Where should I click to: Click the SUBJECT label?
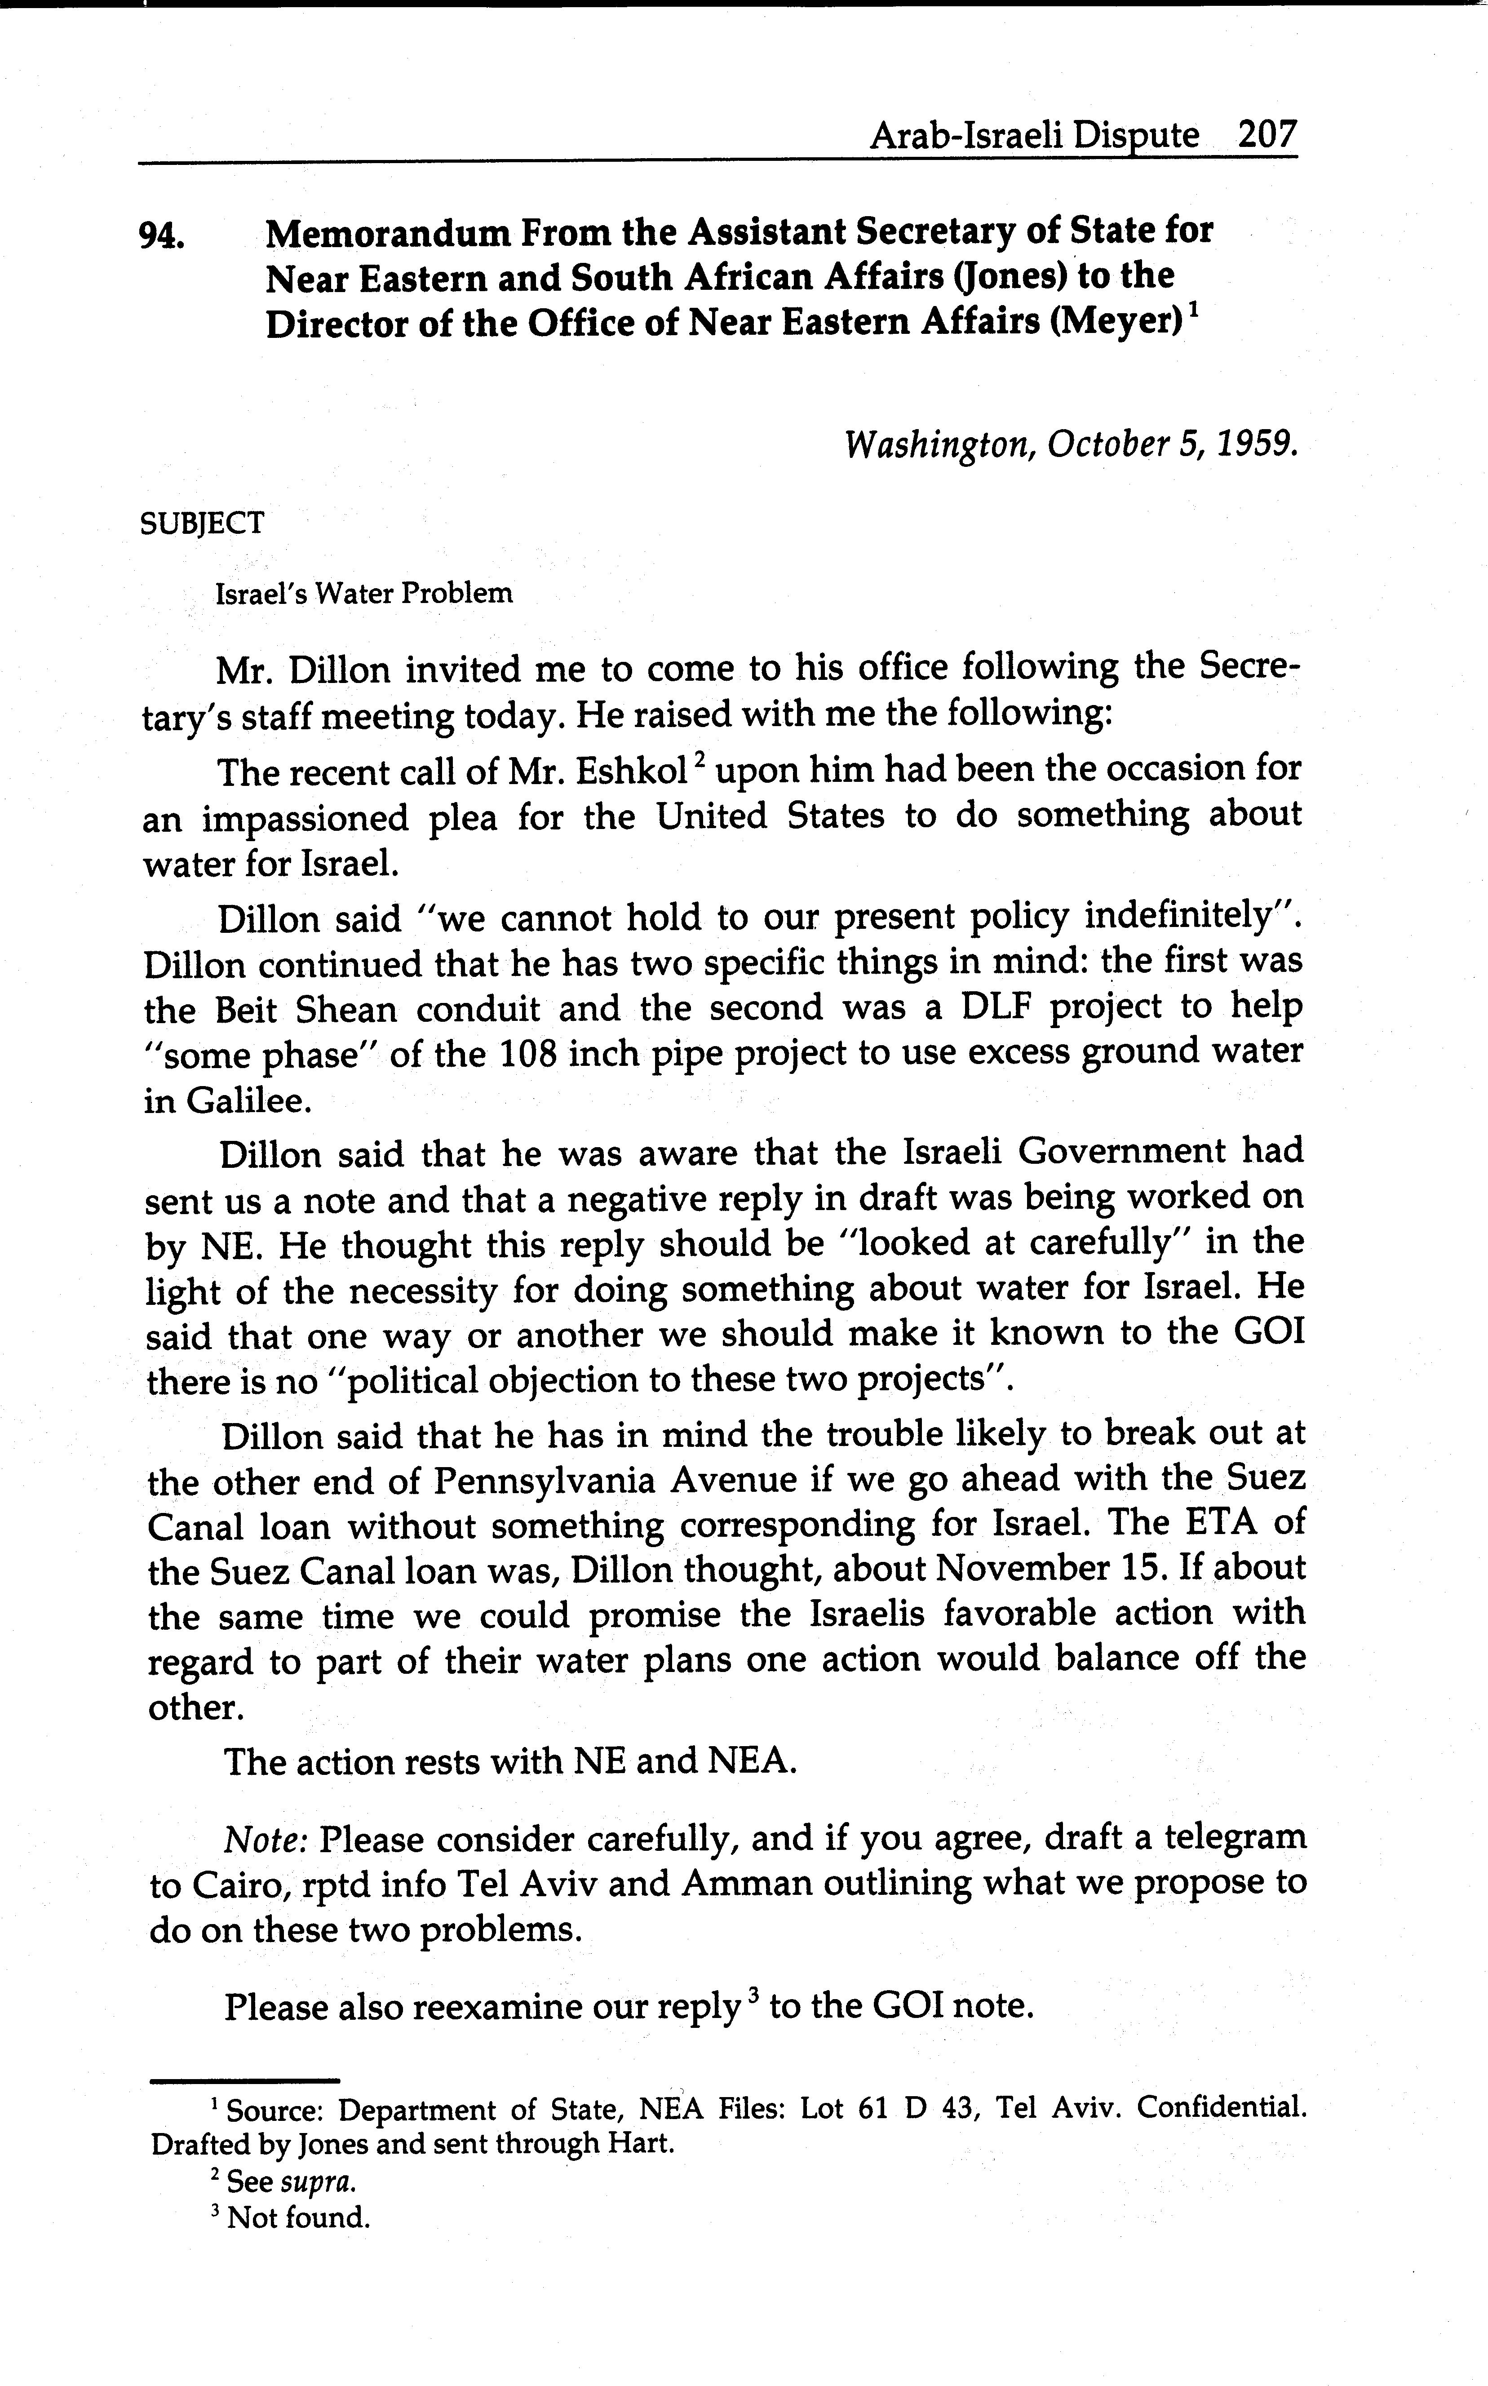203,523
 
